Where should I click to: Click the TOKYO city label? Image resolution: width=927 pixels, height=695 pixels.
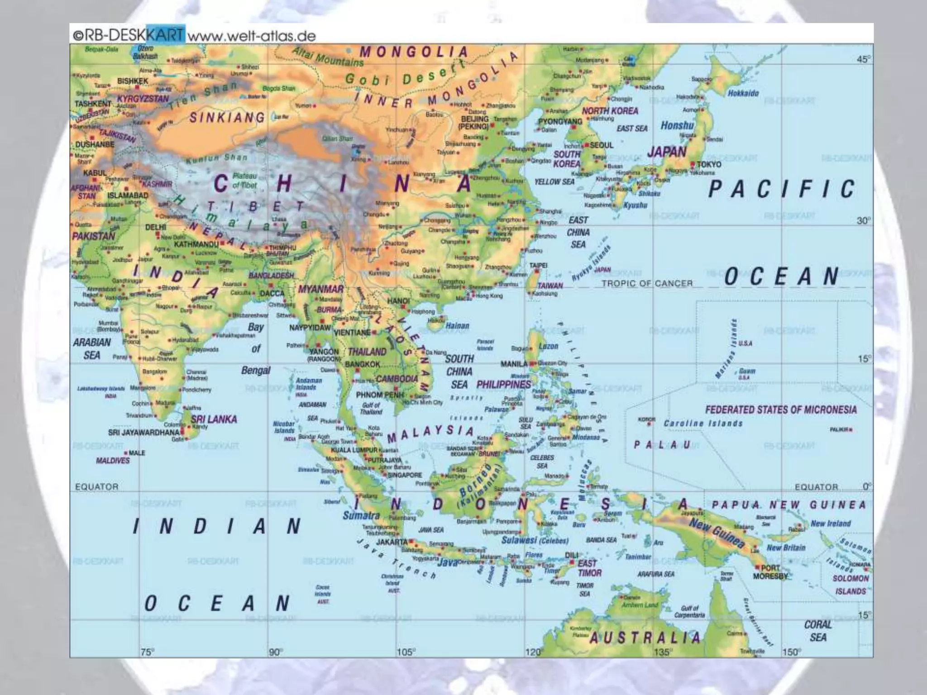click(x=709, y=164)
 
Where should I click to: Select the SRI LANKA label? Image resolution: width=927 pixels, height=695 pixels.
click(x=214, y=419)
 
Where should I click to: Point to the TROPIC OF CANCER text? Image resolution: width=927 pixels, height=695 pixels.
click(x=647, y=283)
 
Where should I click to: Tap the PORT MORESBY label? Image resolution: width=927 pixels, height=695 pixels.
click(x=770, y=572)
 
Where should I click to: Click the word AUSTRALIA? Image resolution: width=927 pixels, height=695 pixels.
click(x=645, y=638)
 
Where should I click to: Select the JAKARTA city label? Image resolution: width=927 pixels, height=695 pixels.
click(x=392, y=542)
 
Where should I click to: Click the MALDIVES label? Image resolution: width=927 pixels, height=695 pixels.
click(x=113, y=461)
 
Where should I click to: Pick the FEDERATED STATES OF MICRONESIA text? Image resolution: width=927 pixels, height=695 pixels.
click(x=781, y=410)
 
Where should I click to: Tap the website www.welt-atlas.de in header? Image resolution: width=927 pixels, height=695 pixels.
click(x=251, y=35)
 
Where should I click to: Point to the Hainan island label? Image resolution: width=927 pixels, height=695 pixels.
click(x=457, y=325)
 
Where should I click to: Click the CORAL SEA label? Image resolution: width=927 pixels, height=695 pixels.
click(x=818, y=631)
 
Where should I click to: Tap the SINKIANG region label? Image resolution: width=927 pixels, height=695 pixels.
click(x=227, y=118)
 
